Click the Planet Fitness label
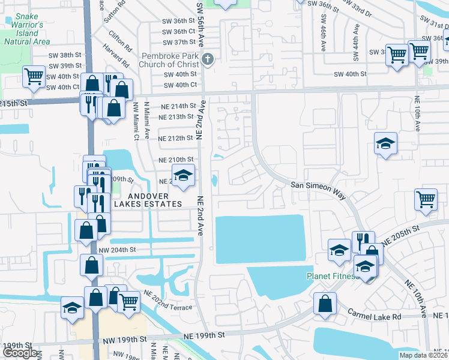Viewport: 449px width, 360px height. (x=331, y=277)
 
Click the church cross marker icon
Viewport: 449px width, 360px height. (x=208, y=59)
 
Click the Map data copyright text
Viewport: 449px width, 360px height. (x=424, y=355)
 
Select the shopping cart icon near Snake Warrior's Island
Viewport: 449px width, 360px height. (x=34, y=76)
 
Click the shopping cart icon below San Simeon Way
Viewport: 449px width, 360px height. (x=426, y=198)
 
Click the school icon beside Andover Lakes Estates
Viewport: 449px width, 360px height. (x=183, y=175)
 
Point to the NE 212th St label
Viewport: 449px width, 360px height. (x=175, y=138)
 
